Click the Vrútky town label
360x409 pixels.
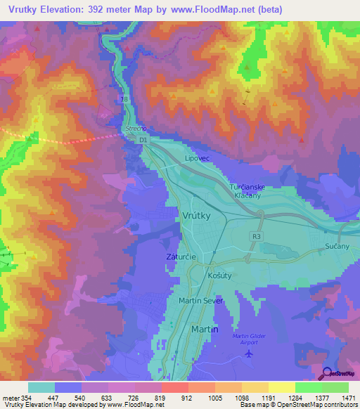196,216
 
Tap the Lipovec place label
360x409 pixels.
198,159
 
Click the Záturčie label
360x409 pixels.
181,258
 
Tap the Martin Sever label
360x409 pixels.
202,301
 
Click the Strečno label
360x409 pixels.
134,129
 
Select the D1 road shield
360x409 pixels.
143,141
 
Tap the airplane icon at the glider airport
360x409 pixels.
248,353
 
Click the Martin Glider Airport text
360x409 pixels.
249,338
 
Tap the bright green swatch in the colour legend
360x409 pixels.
308,387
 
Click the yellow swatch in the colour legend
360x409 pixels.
281,387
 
